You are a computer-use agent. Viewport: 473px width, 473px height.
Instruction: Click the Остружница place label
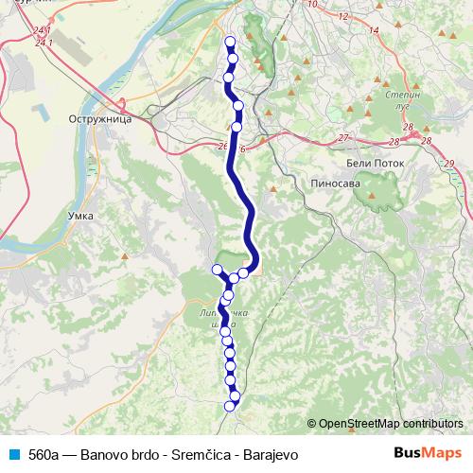pos(98,121)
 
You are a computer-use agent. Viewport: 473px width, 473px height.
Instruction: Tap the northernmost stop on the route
pos(230,41)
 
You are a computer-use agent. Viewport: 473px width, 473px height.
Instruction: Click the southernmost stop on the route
pos(230,406)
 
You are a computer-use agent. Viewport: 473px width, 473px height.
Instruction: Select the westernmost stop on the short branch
pos(217,270)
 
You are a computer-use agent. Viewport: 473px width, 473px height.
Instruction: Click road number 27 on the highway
pos(343,138)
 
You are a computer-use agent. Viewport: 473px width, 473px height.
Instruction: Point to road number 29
pos(448,164)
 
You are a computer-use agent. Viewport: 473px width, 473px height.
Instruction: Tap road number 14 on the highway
pos(374,30)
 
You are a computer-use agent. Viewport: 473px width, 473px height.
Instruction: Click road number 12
pos(342,16)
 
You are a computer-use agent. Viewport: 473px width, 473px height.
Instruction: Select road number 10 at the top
pos(313,4)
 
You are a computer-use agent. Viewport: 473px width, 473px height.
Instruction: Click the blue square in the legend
pos(12,455)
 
